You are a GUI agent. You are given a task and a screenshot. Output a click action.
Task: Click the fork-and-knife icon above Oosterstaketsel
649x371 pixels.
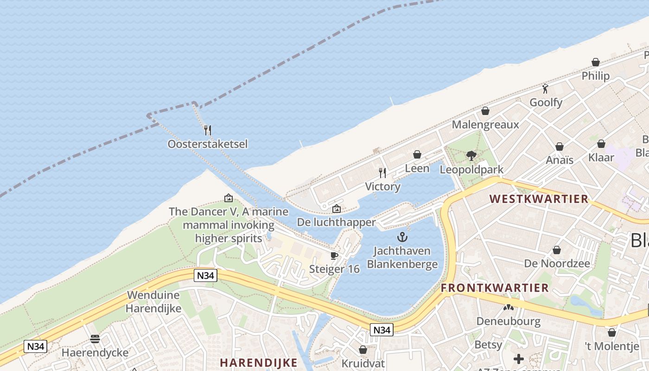(208, 130)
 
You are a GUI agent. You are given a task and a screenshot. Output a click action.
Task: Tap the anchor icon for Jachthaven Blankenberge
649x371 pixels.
(402, 237)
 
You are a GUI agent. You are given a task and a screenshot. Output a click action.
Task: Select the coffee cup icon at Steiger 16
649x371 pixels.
(334, 256)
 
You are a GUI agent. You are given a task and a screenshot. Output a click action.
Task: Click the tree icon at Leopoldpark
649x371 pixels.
(471, 156)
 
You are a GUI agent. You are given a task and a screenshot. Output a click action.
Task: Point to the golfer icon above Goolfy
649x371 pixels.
(546, 89)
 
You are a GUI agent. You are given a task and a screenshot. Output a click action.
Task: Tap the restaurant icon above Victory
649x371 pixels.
(382, 173)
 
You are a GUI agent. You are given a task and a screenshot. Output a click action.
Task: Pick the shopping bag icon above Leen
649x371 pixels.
(417, 154)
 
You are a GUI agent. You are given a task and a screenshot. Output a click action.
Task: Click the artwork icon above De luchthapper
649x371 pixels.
(337, 209)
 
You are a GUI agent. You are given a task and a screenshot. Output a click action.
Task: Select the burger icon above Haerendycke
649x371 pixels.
(95, 339)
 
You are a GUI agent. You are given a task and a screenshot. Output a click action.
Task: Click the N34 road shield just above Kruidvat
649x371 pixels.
(382, 330)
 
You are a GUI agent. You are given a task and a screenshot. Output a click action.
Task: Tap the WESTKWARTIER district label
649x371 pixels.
(539, 199)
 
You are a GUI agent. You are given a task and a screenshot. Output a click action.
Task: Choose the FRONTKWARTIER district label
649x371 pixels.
(495, 288)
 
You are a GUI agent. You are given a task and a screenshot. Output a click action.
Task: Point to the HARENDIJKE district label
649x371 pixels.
(259, 363)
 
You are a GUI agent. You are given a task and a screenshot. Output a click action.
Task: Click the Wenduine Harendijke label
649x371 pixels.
(154, 301)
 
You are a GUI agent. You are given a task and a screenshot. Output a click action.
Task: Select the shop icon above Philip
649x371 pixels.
(596, 62)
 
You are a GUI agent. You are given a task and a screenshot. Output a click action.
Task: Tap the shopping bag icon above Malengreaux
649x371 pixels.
(485, 111)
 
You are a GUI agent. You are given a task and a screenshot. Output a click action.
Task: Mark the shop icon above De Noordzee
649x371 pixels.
(557, 250)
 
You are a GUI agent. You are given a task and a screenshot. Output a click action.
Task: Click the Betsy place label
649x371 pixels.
(488, 345)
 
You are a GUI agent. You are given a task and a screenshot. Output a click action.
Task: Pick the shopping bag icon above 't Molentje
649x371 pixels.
(612, 333)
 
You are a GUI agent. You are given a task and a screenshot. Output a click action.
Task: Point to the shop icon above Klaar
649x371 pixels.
(601, 144)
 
